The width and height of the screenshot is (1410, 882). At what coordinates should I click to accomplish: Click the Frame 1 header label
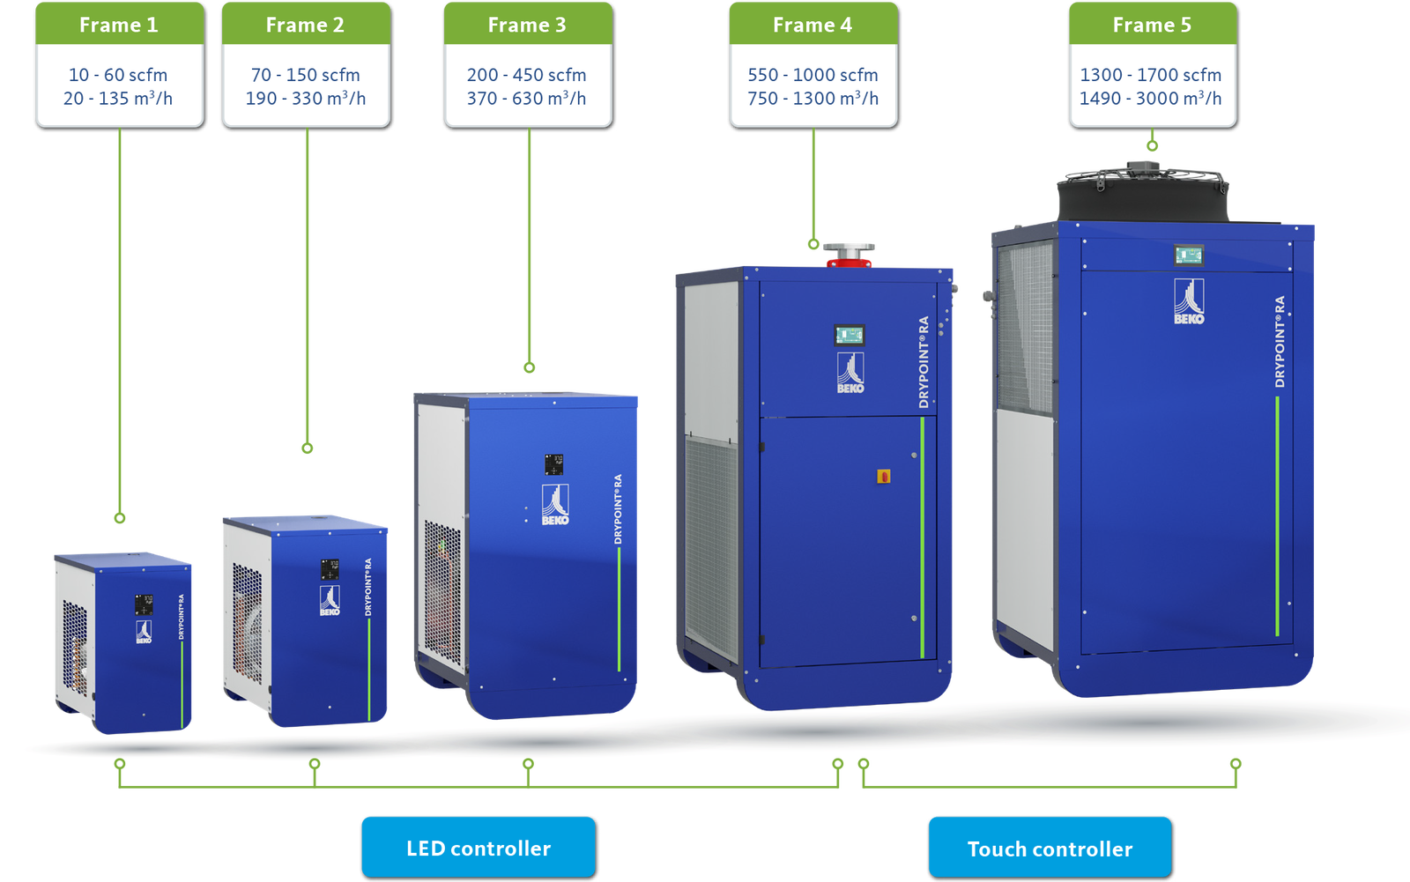click(119, 25)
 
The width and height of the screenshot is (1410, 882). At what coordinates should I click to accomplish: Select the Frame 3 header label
click(527, 25)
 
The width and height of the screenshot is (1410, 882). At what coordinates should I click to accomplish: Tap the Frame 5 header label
click(1152, 25)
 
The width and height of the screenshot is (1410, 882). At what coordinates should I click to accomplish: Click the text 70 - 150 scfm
click(305, 75)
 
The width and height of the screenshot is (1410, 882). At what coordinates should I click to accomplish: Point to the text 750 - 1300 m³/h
click(813, 99)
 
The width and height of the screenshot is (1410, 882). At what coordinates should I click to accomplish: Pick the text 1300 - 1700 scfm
click(1151, 75)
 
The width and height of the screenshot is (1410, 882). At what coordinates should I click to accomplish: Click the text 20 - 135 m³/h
click(118, 99)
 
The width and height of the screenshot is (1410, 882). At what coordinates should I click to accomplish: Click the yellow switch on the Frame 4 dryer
click(884, 477)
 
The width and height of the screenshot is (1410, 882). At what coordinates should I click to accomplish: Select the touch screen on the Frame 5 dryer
click(1188, 256)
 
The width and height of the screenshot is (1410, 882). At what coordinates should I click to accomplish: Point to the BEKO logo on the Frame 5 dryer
click(1189, 301)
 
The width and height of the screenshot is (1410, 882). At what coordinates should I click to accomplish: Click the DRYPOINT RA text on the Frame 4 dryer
click(924, 362)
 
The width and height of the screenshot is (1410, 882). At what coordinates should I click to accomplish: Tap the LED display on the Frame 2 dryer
click(330, 569)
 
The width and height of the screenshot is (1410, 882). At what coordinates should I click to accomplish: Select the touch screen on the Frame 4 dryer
click(850, 336)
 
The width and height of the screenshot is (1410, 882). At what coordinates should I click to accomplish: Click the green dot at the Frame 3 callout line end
click(529, 367)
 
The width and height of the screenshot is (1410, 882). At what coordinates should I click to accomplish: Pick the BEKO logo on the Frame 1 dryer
click(144, 631)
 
